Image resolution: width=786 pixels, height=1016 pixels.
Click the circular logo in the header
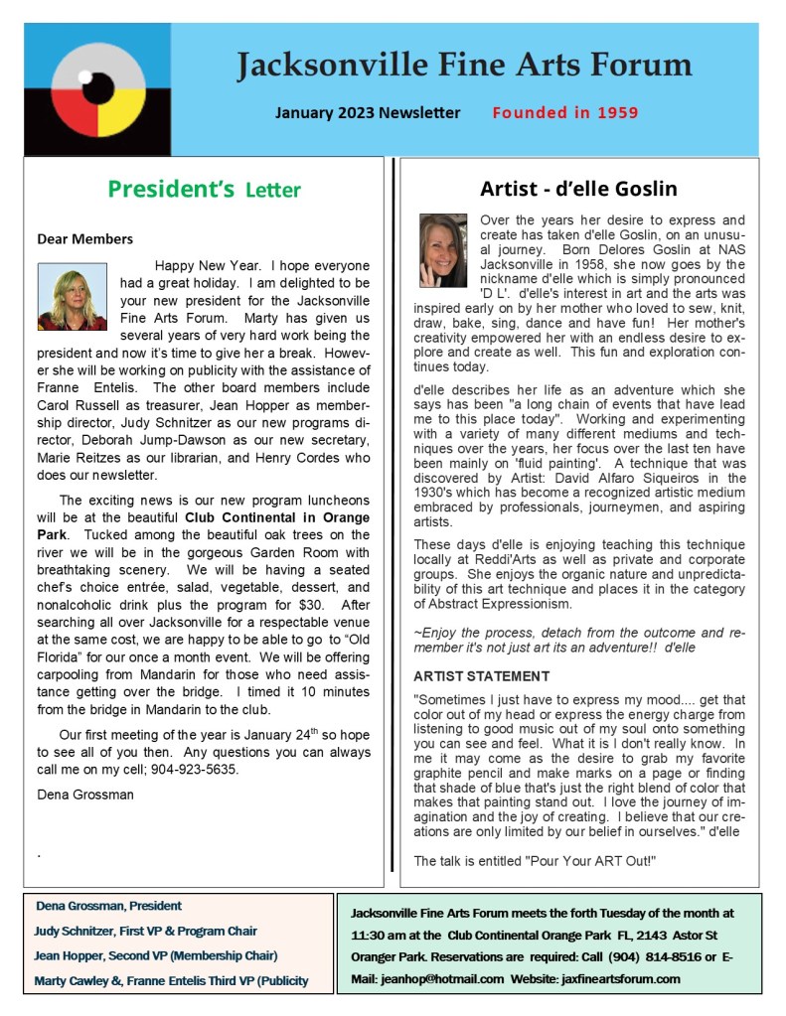(97, 89)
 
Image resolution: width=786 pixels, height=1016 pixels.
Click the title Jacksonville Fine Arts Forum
(464, 66)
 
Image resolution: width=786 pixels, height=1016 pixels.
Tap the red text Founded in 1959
(564, 112)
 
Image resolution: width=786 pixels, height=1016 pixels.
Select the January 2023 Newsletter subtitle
(368, 112)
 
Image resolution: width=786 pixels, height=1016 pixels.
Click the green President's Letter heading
(204, 189)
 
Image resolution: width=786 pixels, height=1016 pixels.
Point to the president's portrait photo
(72, 296)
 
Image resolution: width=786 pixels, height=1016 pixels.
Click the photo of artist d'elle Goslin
(443, 250)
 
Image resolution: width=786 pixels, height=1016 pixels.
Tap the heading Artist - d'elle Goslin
(578, 188)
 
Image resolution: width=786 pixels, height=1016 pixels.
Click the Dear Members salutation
(84, 238)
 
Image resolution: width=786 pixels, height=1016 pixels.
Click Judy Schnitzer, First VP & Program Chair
(146, 931)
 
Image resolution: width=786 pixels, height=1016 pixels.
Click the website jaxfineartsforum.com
(618, 978)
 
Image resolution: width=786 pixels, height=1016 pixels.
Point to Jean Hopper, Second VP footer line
(156, 955)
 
